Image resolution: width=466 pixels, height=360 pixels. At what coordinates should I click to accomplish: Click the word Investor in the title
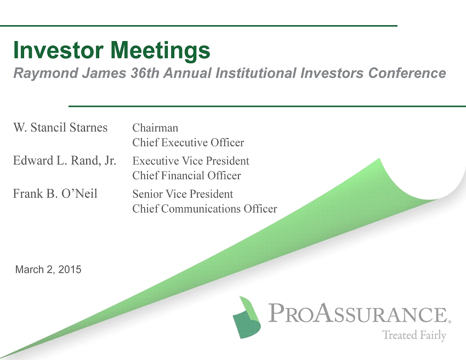tap(58, 50)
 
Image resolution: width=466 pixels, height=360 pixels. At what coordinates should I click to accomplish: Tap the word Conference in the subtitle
tap(407, 73)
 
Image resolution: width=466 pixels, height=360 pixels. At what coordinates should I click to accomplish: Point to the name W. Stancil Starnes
tap(60, 128)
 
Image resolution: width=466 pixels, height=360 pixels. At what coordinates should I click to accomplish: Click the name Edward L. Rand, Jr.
tap(65, 161)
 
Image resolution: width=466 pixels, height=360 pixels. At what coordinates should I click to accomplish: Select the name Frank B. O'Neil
tap(55, 193)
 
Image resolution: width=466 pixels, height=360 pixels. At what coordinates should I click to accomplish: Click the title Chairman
tap(155, 128)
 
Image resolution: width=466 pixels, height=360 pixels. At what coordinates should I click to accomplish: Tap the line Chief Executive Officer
tap(188, 142)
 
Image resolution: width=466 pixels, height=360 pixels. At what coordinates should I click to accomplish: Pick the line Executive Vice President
tap(191, 161)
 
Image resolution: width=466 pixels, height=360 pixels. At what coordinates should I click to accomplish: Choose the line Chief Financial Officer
tap(186, 175)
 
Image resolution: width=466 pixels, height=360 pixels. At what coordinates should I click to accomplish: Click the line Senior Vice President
tap(183, 194)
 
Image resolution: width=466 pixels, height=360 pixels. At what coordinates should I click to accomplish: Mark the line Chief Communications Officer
tap(205, 209)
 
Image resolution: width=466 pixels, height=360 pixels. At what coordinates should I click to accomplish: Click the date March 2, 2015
tap(48, 270)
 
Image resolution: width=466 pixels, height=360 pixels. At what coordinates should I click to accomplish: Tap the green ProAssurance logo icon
tap(247, 317)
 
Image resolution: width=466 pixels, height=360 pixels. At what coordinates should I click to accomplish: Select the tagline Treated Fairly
tap(414, 335)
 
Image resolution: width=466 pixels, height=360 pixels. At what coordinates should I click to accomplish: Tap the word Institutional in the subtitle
tap(256, 73)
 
